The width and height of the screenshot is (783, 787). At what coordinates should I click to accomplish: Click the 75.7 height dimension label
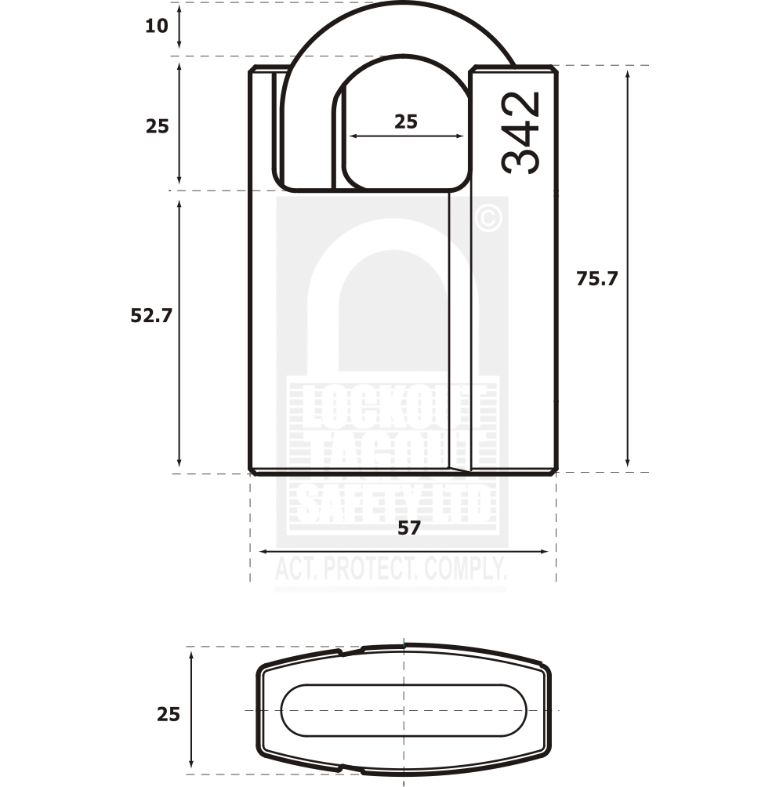click(596, 278)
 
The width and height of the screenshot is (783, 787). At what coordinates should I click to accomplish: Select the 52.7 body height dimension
click(150, 316)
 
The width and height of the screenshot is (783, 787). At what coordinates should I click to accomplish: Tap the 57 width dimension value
click(408, 528)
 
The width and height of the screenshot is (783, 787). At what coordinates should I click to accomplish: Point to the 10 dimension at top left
click(156, 26)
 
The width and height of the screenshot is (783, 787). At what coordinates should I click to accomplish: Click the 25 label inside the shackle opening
click(405, 121)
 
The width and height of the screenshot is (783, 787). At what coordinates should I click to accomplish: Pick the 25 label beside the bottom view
click(168, 714)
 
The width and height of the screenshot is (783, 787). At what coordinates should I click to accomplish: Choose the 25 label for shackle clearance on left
click(157, 126)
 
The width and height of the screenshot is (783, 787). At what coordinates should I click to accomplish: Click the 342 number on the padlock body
click(521, 132)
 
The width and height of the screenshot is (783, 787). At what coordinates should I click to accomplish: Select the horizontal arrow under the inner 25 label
click(406, 136)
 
